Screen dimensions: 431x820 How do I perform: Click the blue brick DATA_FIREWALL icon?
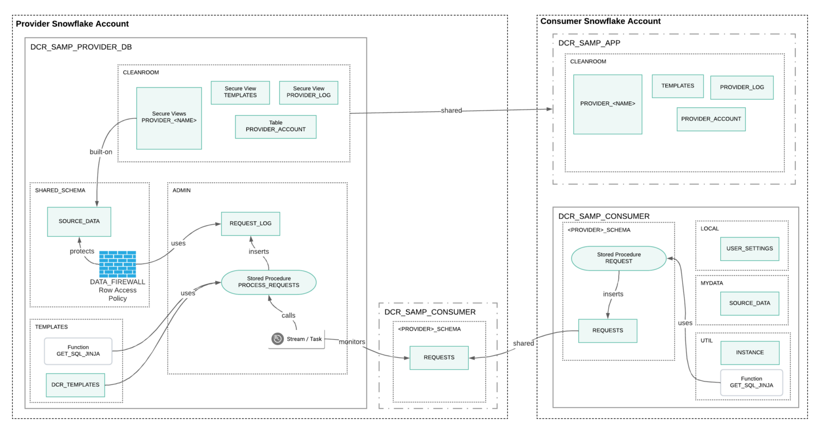(x=117, y=264)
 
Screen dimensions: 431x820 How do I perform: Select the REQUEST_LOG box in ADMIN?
(x=250, y=224)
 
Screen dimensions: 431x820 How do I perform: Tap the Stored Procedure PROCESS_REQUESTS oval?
(x=269, y=282)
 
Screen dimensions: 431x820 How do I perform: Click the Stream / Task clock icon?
(x=278, y=339)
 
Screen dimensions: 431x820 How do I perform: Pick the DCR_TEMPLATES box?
(x=75, y=385)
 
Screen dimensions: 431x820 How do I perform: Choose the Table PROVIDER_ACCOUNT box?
(x=275, y=126)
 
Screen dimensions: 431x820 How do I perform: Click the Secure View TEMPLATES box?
(x=240, y=92)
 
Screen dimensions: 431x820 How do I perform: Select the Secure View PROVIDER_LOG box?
(x=309, y=92)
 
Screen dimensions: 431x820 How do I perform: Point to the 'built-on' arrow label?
(x=101, y=152)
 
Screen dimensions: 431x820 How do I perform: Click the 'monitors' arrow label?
(x=352, y=342)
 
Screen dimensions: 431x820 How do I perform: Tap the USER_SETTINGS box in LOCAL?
(x=750, y=249)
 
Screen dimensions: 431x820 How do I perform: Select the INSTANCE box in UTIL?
(x=750, y=353)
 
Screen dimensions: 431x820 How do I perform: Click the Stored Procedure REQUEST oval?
(x=619, y=258)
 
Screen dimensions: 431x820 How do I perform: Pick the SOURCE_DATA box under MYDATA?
(x=750, y=303)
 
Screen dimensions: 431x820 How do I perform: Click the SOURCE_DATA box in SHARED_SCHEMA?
(x=79, y=221)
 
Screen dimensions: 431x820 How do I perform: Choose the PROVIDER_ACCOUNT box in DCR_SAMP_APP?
(x=711, y=119)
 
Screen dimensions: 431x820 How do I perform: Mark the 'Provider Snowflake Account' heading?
(x=72, y=24)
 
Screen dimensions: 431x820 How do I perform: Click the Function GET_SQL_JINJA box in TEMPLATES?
(x=78, y=351)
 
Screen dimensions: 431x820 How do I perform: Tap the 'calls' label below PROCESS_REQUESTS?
(x=288, y=315)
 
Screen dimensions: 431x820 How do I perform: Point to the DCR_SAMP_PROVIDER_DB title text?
(x=81, y=47)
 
